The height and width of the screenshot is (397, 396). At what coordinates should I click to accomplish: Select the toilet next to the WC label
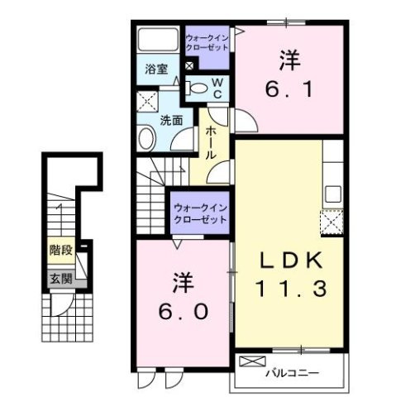click(x=198, y=86)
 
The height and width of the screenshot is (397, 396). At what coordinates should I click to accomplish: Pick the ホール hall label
click(x=212, y=141)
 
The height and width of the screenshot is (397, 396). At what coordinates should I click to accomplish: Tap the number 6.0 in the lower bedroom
click(x=185, y=313)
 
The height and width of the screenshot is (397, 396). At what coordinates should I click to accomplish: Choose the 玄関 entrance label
click(x=58, y=279)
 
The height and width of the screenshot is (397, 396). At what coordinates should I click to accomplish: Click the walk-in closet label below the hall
click(x=200, y=214)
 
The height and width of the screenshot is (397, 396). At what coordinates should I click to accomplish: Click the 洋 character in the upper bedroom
click(x=289, y=61)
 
